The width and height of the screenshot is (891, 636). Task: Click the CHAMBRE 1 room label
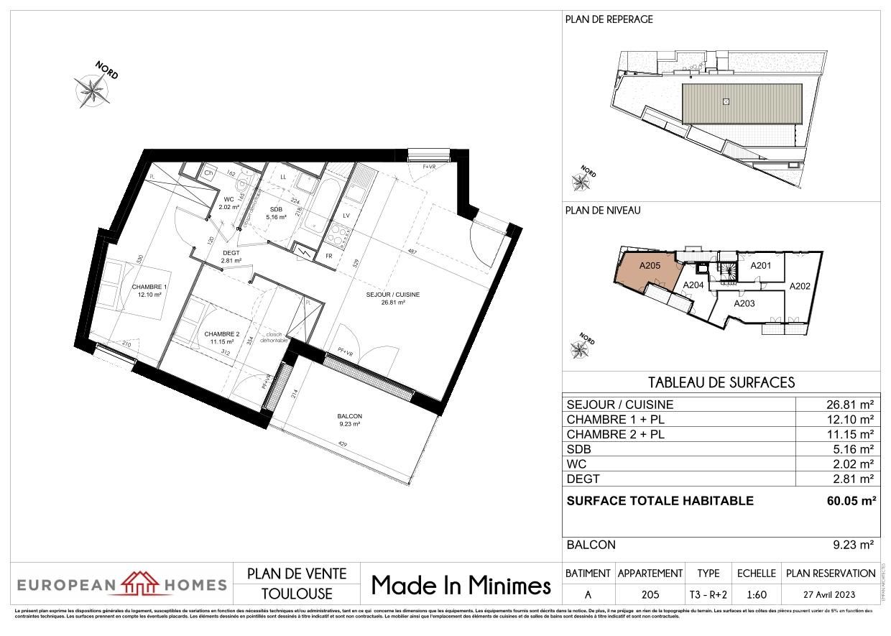pyautogui.click(x=149, y=287)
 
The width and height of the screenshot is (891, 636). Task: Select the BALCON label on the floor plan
pyautogui.click(x=349, y=416)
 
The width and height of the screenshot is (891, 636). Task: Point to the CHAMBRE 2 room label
pyautogui.click(x=221, y=334)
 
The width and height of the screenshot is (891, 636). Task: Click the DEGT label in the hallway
pyautogui.click(x=231, y=252)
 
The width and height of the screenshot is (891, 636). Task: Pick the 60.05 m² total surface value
pyautogui.click(x=851, y=501)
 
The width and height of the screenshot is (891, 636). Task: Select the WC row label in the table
pyautogui.click(x=577, y=464)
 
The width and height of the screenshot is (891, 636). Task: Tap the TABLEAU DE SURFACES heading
pyautogui.click(x=721, y=382)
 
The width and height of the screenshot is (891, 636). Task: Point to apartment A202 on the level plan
pyautogui.click(x=800, y=286)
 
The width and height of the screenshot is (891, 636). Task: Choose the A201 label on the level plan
pyautogui.click(x=760, y=267)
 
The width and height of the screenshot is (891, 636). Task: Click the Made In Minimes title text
pyautogui.click(x=461, y=585)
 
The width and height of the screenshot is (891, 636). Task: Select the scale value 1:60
pyautogui.click(x=756, y=594)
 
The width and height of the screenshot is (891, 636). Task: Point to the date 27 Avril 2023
pyautogui.click(x=831, y=594)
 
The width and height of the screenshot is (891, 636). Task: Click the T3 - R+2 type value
pyautogui.click(x=708, y=594)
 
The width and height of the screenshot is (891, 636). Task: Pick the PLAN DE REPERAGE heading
pyautogui.click(x=609, y=19)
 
